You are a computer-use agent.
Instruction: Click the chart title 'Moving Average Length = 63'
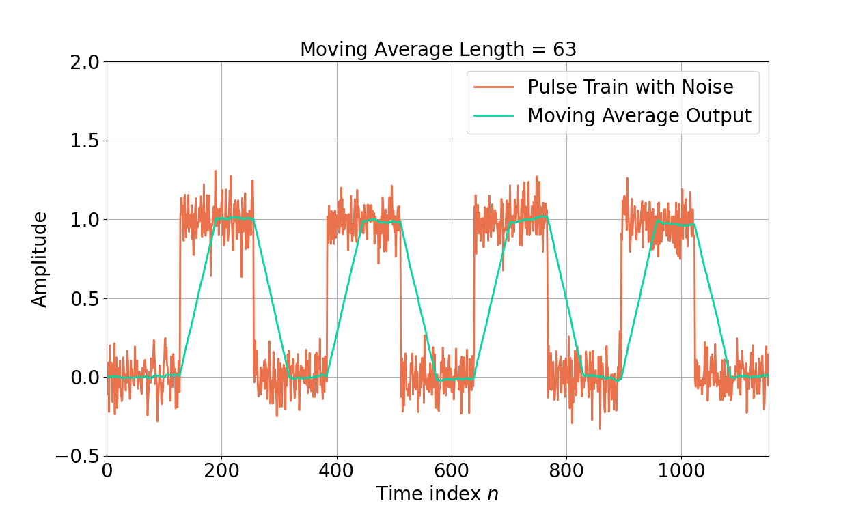click(x=438, y=50)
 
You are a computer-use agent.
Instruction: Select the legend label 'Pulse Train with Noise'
click(x=630, y=87)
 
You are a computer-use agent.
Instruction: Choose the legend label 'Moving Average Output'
click(x=639, y=115)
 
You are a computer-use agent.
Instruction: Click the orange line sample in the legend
click(x=493, y=87)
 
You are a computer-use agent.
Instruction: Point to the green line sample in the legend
click(x=493, y=115)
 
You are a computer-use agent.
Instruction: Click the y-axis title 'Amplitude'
click(x=40, y=259)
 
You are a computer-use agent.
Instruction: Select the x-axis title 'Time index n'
click(x=437, y=494)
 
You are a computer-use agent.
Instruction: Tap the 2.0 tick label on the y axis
click(x=85, y=62)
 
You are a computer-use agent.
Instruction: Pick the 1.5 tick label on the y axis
click(x=85, y=141)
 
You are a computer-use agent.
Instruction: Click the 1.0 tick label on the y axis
click(x=85, y=220)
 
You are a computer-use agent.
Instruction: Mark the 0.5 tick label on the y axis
click(x=85, y=299)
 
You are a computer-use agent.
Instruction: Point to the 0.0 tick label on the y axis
click(x=85, y=378)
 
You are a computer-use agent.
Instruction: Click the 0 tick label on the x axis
click(x=107, y=472)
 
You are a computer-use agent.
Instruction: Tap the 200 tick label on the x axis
click(x=221, y=472)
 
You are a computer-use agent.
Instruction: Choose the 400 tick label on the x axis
click(x=336, y=472)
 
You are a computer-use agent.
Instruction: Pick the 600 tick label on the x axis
click(x=451, y=472)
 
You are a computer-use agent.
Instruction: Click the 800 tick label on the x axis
click(x=566, y=472)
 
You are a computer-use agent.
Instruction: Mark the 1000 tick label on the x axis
click(x=680, y=472)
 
